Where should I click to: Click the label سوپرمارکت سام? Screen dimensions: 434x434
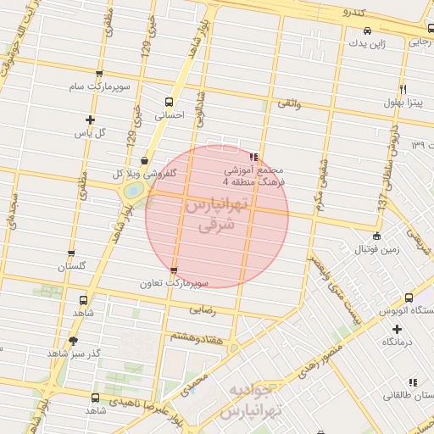point(100,87)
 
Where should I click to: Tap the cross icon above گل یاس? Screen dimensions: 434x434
point(90,120)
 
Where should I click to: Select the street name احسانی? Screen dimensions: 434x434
point(158,114)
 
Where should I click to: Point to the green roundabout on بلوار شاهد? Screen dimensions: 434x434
point(133,191)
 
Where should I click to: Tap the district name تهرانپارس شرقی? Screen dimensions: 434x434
point(217,216)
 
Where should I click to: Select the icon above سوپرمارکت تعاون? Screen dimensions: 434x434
point(175,271)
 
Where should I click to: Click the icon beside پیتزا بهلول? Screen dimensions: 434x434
point(403,89)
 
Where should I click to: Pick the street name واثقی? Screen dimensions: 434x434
point(289,103)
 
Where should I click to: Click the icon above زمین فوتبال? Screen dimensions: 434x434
point(376,236)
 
